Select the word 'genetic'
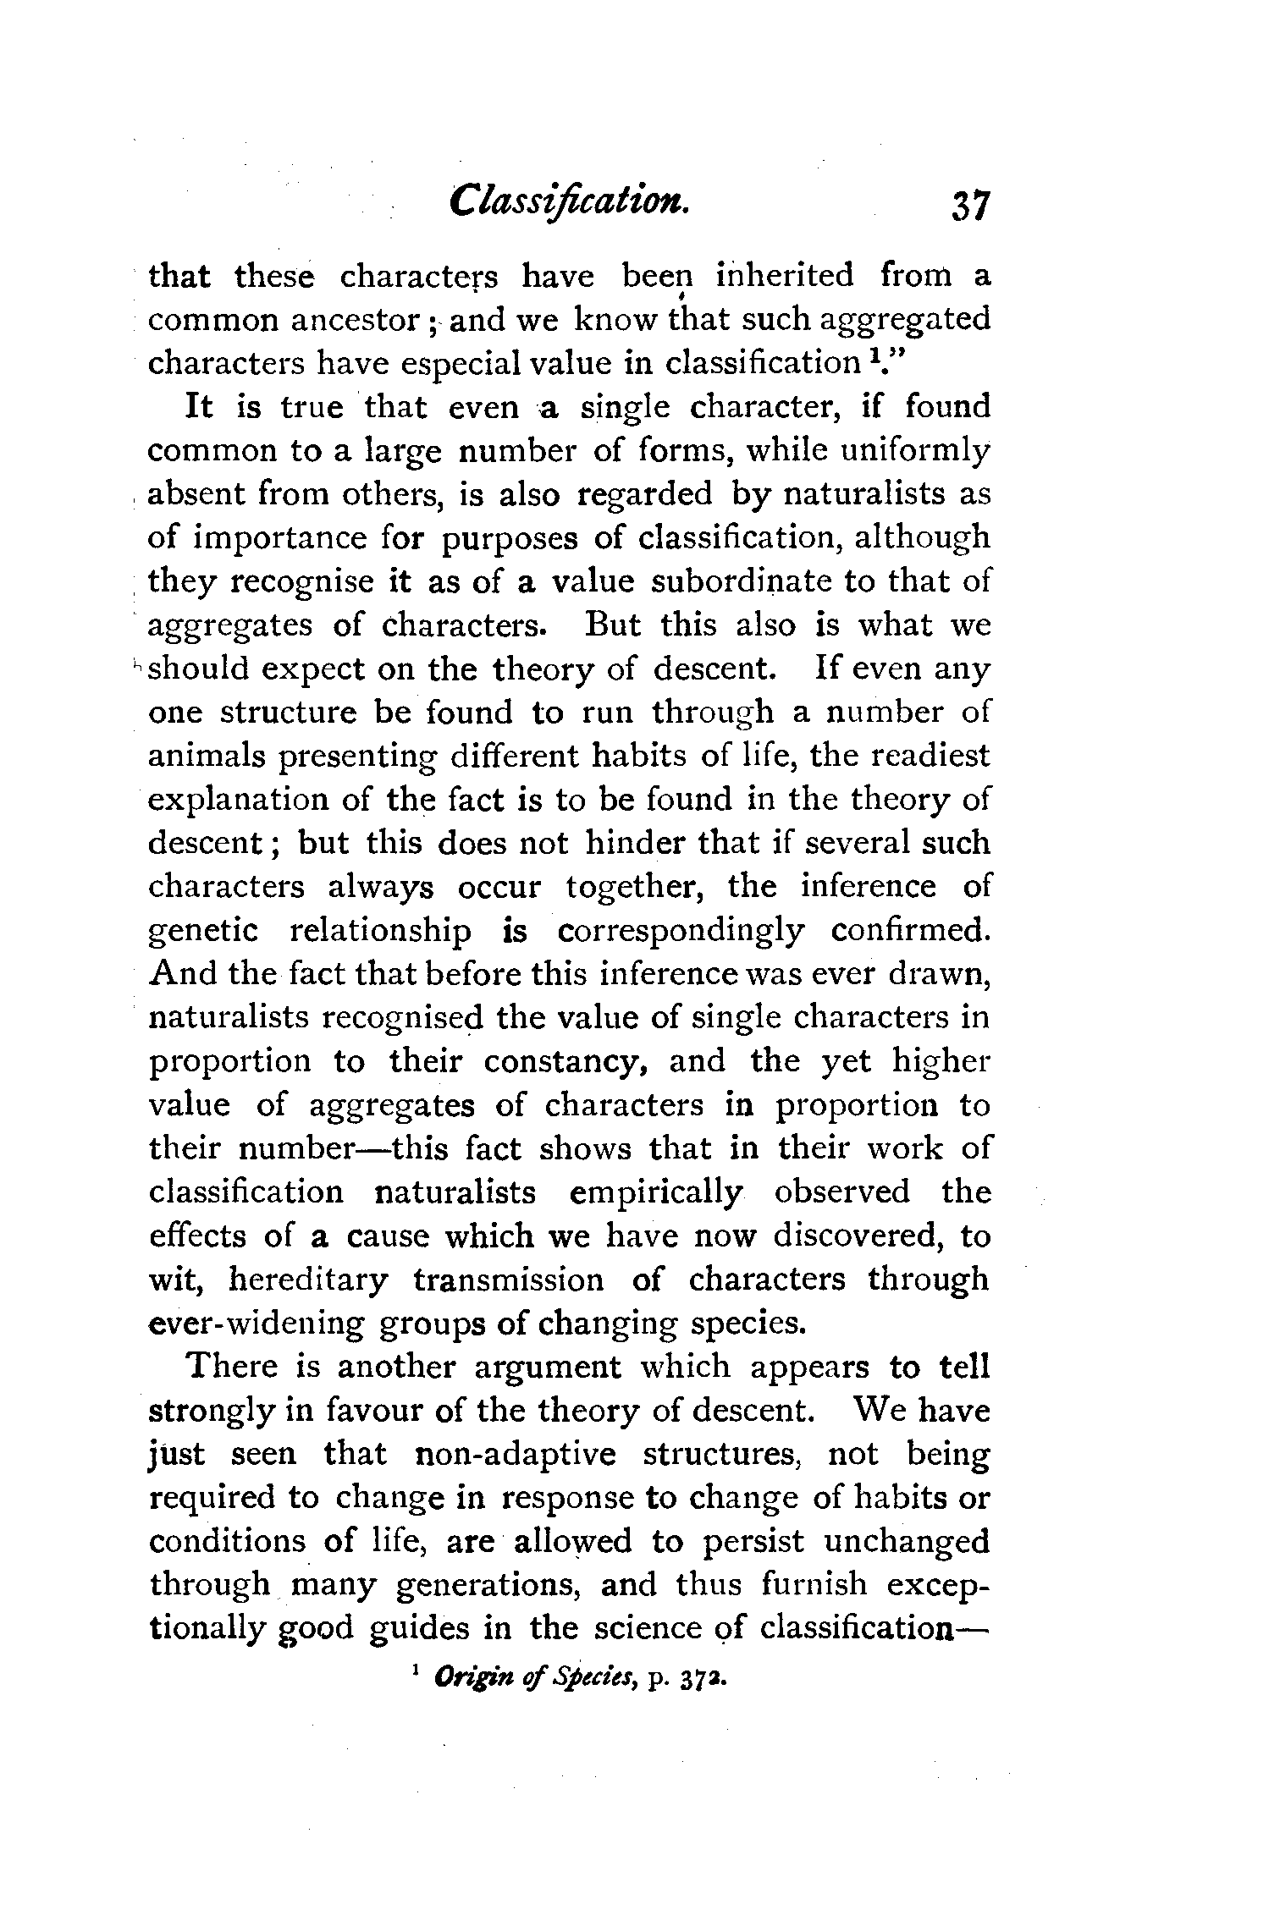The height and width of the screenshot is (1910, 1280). coord(203,931)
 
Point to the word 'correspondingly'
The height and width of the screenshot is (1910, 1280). coord(681,931)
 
